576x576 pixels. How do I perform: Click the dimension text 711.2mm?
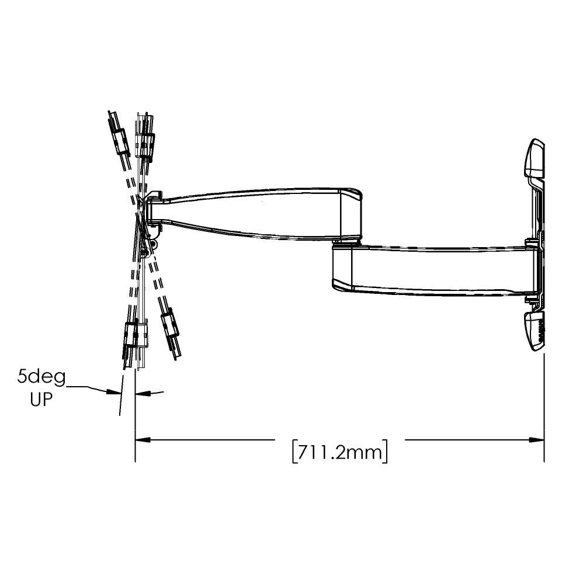coord(339,452)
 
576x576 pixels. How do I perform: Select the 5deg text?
coord(41,377)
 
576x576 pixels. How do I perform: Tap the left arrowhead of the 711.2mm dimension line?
coord(141,439)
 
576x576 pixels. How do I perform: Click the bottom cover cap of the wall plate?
coord(535,331)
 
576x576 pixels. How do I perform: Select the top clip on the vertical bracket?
coord(145,143)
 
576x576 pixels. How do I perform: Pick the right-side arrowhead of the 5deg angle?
coord(141,394)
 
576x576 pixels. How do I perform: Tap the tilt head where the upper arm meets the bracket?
coord(154,208)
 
